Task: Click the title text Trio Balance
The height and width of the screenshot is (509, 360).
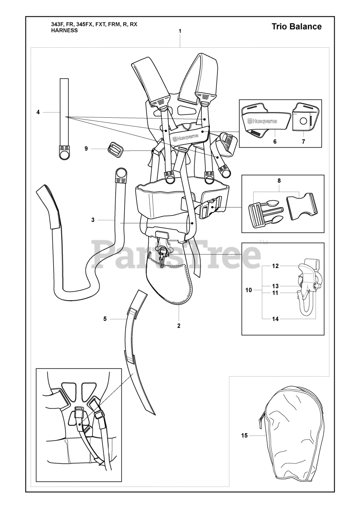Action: [x=296, y=27]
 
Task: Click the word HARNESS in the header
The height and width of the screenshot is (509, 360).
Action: [x=64, y=30]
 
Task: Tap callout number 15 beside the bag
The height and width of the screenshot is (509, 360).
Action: [x=244, y=435]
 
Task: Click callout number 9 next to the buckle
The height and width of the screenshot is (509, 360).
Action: [x=86, y=149]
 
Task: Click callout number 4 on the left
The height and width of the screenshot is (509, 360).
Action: [x=38, y=113]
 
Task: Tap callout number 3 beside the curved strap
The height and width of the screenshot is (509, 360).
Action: [x=93, y=220]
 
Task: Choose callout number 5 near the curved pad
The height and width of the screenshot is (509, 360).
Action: [x=105, y=319]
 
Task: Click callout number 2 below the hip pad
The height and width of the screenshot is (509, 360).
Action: [x=179, y=326]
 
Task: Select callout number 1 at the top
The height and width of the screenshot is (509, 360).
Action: [x=180, y=31]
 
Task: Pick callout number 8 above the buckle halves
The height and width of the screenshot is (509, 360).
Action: [x=279, y=181]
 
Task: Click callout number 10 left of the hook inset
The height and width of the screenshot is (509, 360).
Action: [x=249, y=290]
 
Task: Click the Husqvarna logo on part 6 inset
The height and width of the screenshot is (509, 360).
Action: [x=262, y=121]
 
